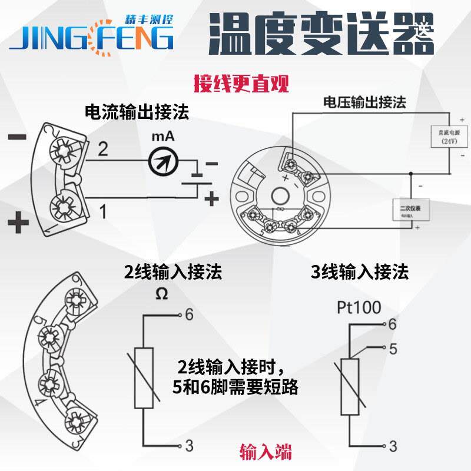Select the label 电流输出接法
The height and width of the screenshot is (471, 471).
pos(137,112)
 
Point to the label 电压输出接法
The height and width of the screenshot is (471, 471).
pos(364,102)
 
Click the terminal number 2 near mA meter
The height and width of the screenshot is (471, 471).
pos(102,150)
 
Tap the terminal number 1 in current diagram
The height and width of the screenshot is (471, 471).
pos(102,211)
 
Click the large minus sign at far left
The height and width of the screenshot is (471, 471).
pos(18,137)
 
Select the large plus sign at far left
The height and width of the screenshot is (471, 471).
pos(18,223)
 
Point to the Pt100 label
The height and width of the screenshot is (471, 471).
pos(359,307)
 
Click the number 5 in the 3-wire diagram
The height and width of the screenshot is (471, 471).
pos(393,348)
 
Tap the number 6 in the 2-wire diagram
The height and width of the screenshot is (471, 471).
pos(189,315)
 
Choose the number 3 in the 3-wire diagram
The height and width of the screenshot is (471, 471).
pos(393,445)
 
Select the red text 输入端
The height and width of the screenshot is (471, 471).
pos(266,452)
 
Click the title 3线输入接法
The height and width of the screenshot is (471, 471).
pos(359,273)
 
